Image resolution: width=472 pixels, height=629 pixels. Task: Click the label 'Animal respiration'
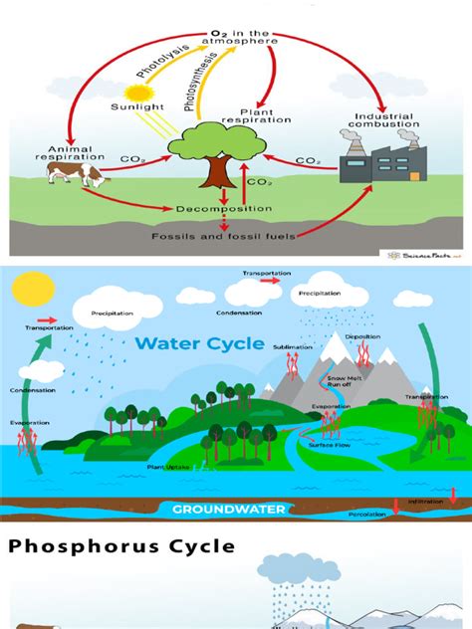point(70,148)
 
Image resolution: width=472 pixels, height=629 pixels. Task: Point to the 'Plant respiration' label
point(264,118)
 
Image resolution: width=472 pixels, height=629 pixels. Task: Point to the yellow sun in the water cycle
point(24,292)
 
